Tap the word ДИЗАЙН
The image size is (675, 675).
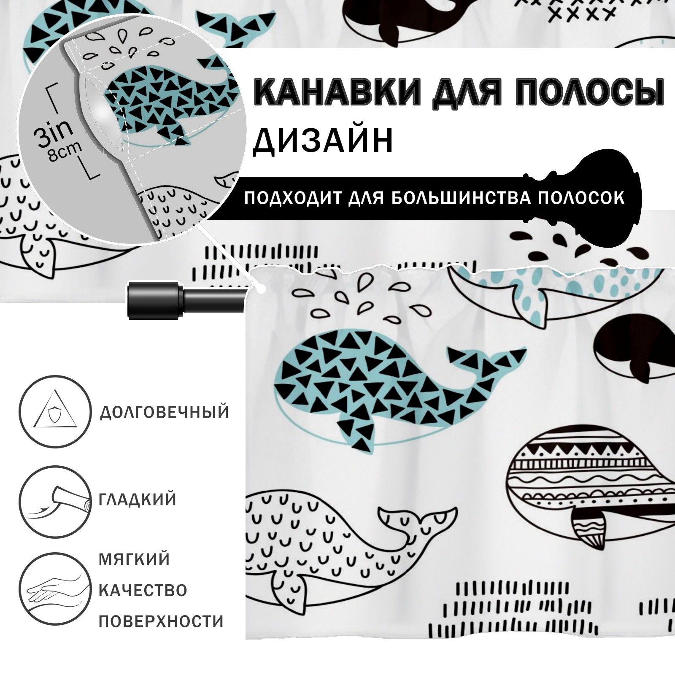point(323,140)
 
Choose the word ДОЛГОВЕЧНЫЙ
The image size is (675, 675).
point(164,412)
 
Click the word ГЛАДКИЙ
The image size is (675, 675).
point(138,500)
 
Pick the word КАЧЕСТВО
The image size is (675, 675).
point(143,591)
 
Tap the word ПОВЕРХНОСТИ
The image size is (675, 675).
point(161,621)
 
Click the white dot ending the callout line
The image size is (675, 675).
point(262,290)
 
